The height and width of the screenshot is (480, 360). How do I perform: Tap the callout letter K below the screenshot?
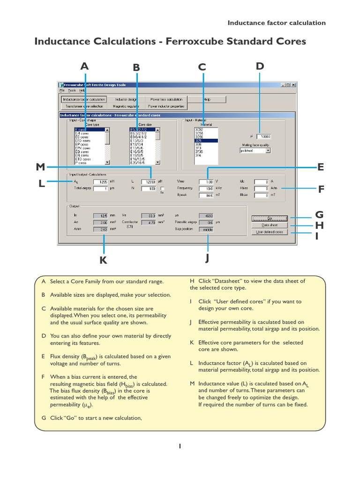coord(103,260)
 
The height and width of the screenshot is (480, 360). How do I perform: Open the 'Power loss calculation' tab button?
coord(166,99)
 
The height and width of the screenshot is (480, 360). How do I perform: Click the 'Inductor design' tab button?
coord(126,99)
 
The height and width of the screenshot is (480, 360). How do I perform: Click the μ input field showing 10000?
coord(264,136)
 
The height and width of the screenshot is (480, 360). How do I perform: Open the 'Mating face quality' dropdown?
coord(255,151)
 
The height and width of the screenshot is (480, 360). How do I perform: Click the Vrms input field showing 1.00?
coord(206,181)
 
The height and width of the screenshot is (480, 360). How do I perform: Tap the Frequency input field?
coord(206,188)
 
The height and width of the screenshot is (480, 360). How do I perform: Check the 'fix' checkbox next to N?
coord(162,188)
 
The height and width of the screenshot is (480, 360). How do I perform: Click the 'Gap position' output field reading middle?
coord(206,230)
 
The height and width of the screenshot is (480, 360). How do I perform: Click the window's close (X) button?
coord(293,85)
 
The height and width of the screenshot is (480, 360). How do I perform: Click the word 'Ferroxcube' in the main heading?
coord(195,41)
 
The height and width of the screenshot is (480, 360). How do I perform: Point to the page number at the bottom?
coord(180,446)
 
